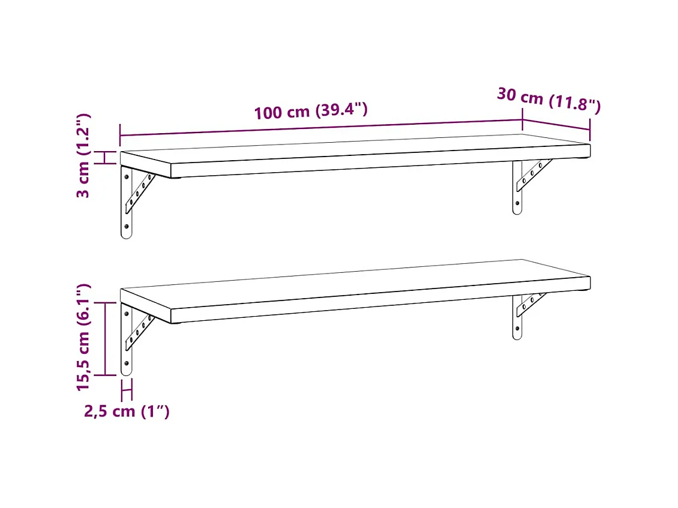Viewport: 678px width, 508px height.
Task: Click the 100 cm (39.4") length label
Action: tap(310, 111)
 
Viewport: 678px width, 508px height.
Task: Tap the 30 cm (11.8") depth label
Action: tap(548, 101)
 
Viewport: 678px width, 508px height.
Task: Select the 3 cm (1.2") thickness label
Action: tap(83, 155)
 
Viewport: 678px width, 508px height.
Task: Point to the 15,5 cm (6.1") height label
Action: tap(83, 337)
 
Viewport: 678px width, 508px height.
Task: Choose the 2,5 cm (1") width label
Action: tap(127, 411)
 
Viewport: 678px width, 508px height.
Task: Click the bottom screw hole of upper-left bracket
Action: tap(126, 227)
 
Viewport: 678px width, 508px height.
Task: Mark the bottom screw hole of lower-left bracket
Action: tap(126, 363)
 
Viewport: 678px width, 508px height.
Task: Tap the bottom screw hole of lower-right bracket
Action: tap(517, 329)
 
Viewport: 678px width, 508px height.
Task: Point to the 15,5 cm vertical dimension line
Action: tap(106, 339)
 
